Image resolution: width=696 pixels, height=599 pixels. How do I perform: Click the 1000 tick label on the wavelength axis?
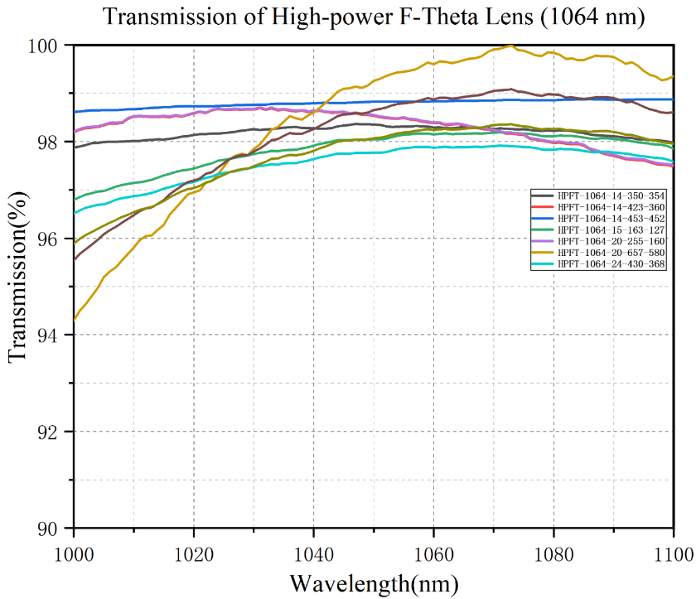[74, 548]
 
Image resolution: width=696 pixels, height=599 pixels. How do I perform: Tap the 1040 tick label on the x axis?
[313, 548]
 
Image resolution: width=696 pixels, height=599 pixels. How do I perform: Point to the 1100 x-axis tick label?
[672, 548]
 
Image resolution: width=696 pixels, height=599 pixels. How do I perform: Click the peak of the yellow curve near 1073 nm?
[510, 46]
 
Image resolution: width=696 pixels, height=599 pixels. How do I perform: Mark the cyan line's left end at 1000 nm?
[75, 213]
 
